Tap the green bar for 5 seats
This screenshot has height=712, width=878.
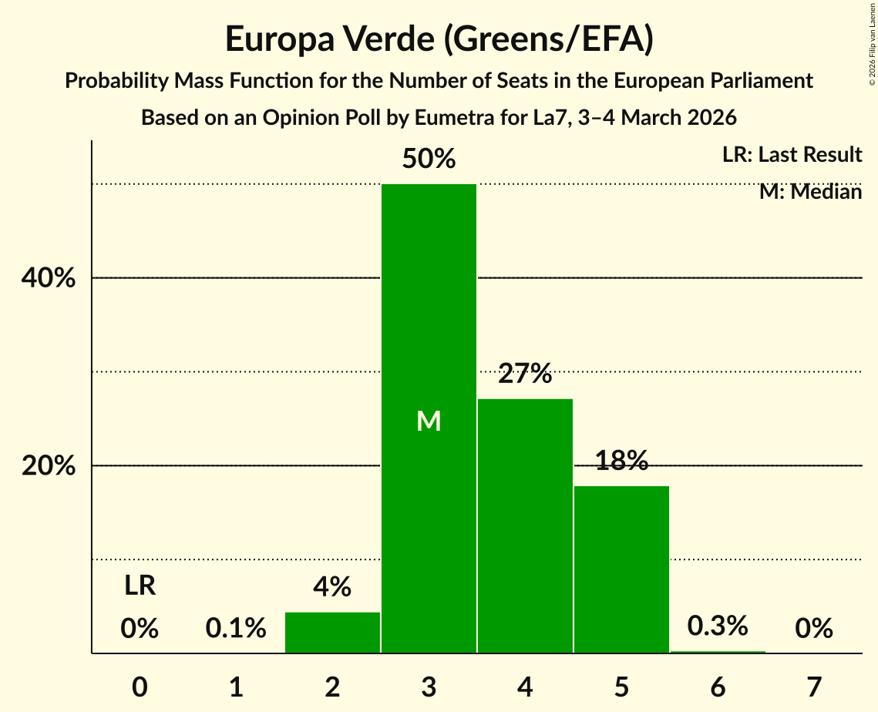(x=621, y=569)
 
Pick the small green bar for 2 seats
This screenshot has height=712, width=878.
(x=332, y=633)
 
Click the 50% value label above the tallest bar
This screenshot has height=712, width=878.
(x=429, y=160)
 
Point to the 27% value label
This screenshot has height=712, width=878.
(x=525, y=374)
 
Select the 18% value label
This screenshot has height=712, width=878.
(x=621, y=461)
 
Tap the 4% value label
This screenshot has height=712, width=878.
(x=332, y=588)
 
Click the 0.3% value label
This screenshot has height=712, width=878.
(x=718, y=626)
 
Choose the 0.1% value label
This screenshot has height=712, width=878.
(x=236, y=629)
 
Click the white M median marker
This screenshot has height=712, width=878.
(x=429, y=421)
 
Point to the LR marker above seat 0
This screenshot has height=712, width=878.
(x=140, y=586)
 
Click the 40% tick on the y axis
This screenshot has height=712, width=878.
(x=49, y=278)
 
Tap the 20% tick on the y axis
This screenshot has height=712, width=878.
(x=49, y=466)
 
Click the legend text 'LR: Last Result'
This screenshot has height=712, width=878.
(x=792, y=155)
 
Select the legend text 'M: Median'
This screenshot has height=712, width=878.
(x=810, y=192)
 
